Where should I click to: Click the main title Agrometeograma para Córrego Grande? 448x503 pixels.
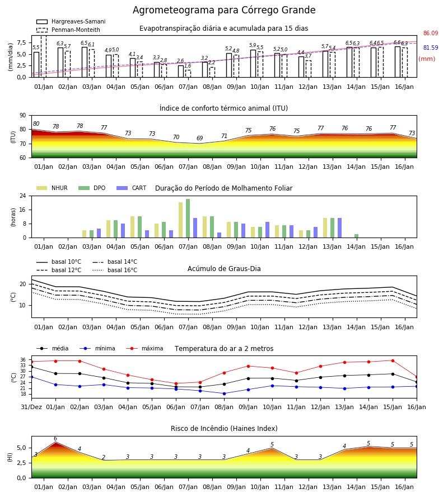[224, 10]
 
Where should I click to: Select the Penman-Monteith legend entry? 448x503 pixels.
[68, 30]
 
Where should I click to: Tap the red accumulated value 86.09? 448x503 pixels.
[431, 33]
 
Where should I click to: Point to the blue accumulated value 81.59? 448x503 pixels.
[431, 48]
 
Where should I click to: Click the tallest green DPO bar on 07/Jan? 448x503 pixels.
[188, 219]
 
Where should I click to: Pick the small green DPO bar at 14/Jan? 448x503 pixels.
[356, 236]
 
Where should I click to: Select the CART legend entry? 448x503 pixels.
[132, 188]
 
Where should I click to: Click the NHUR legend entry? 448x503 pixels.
[52, 188]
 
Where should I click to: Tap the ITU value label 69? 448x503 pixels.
[199, 138]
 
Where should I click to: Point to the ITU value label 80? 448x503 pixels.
[36, 124]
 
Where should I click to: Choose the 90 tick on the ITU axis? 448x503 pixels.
[23, 116]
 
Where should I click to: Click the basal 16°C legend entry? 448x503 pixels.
[115, 270]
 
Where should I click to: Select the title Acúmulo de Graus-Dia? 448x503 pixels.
[224, 268]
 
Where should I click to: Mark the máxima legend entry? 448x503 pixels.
[145, 348]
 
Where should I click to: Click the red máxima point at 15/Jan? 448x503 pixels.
[393, 360]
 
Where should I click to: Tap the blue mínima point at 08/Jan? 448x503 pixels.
[225, 393]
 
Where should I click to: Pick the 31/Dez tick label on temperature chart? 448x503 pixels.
[31, 407]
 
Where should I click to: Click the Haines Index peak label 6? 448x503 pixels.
[55, 439]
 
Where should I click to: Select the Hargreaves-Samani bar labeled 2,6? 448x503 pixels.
[181, 71]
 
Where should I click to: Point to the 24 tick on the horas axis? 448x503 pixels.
[23, 196]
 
